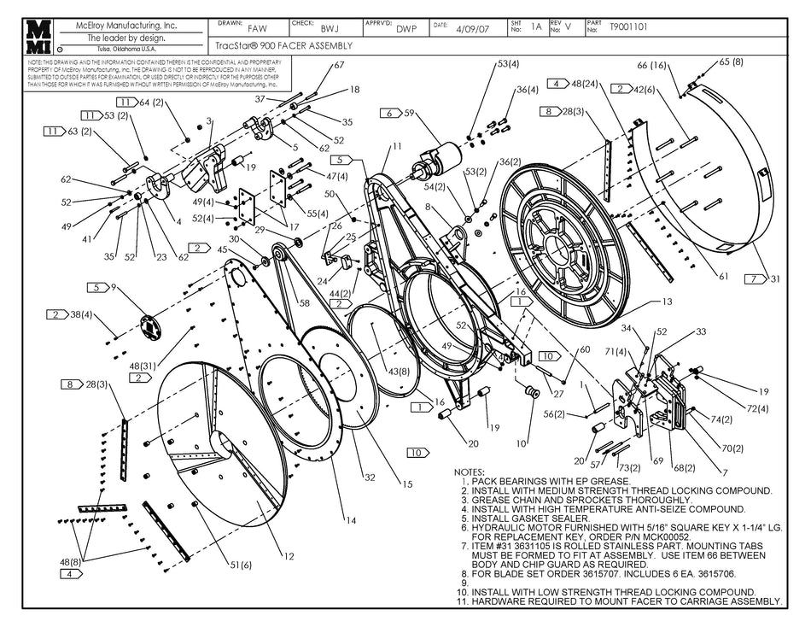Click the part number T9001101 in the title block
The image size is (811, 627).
pos(628,27)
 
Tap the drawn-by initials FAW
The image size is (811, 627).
pos(257,28)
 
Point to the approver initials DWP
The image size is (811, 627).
pos(406,28)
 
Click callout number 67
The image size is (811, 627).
pos(339,66)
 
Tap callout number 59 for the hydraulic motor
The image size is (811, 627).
pos(409,113)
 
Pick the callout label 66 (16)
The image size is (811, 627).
pos(652,66)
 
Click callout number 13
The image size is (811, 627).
pos(668,302)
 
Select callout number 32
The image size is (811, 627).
pos(370,477)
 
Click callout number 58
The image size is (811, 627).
pos(303,302)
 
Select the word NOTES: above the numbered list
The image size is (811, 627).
pos(469,472)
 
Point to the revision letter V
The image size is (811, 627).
pos(569,27)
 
